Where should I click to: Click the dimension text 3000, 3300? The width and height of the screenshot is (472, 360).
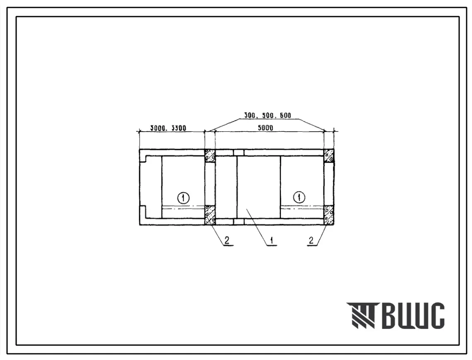tap(168, 128)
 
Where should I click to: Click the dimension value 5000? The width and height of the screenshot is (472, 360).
tap(265, 128)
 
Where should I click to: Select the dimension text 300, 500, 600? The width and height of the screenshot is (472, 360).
tap(267, 116)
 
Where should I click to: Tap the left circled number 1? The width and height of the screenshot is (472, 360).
tap(183, 198)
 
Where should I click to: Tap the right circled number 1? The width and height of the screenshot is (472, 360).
tap(299, 198)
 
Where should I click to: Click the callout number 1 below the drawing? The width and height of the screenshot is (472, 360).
tap(272, 240)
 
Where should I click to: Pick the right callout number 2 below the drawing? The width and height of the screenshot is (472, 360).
tap(311, 240)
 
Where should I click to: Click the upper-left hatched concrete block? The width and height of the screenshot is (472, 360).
tap(210, 155)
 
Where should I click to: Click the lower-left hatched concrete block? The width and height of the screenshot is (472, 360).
tap(210, 215)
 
